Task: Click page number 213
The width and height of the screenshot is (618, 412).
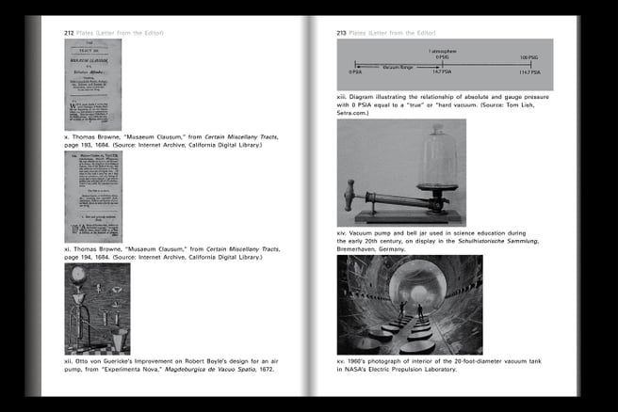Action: (343, 32)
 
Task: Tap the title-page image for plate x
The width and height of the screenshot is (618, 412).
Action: (92, 84)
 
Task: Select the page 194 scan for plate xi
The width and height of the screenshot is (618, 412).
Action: (92, 197)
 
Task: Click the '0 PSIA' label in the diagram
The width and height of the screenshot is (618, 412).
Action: (355, 71)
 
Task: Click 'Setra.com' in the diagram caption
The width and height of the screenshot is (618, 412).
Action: (359, 112)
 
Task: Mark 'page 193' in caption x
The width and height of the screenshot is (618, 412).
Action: (80, 145)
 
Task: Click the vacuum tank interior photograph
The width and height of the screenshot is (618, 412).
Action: (409, 305)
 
